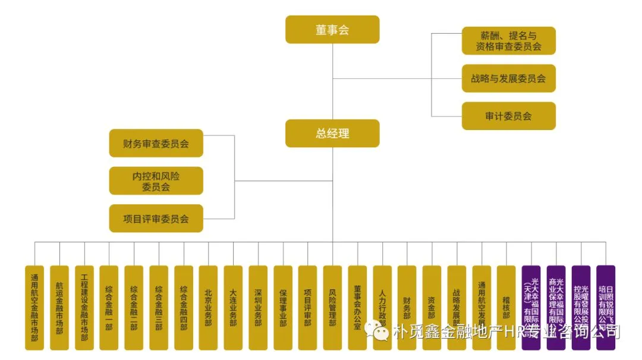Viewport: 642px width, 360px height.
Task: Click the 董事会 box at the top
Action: click(x=332, y=30)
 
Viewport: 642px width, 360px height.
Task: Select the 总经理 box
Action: click(x=332, y=133)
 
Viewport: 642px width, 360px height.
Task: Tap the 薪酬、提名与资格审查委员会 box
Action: click(x=508, y=41)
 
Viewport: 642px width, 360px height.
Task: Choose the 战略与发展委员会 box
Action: click(x=508, y=78)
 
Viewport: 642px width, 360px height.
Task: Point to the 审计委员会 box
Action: click(x=508, y=116)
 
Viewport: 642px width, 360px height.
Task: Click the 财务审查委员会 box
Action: click(x=156, y=143)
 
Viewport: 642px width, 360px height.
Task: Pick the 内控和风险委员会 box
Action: click(x=156, y=181)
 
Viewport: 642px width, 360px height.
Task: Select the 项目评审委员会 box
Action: click(x=156, y=218)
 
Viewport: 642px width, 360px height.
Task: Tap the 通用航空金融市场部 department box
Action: click(x=34, y=308)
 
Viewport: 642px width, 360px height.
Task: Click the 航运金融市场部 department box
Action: click(x=59, y=308)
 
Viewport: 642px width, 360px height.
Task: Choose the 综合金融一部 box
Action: click(x=109, y=308)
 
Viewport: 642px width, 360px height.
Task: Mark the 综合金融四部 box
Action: click(x=184, y=308)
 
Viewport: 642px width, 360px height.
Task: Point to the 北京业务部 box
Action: click(x=208, y=308)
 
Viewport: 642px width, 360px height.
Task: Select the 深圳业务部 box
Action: click(x=258, y=308)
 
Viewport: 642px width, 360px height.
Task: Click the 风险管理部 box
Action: click(x=332, y=308)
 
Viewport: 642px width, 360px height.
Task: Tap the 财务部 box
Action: click(x=407, y=308)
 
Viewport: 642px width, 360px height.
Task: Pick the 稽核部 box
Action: click(x=506, y=308)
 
